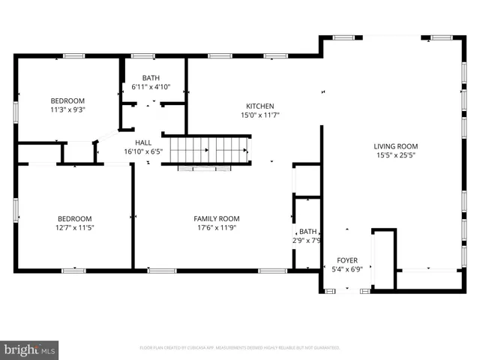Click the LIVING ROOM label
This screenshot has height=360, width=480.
[397, 146]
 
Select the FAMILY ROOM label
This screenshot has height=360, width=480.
[217, 219]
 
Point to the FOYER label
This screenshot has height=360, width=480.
[347, 259]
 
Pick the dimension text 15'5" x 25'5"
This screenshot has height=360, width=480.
[397, 156]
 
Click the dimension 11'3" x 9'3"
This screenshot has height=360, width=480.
[67, 110]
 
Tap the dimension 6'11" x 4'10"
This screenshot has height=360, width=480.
[151, 87]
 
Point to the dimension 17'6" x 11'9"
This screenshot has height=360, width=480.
[217, 228]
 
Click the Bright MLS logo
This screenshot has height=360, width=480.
[30, 349]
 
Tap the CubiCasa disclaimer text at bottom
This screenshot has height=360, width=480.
[240, 348]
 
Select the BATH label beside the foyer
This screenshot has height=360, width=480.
[308, 232]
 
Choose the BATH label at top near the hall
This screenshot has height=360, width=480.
[151, 78]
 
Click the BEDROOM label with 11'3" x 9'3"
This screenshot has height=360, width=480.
[67, 101]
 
